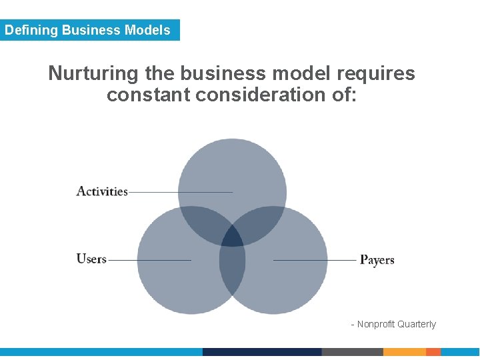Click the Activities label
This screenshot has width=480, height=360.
pyautogui.click(x=102, y=191)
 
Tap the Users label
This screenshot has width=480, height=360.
pyautogui.click(x=91, y=259)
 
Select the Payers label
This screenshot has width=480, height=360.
pyautogui.click(x=377, y=259)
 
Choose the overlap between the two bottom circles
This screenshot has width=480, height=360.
pyautogui.click(x=233, y=273)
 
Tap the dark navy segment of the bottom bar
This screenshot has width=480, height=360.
pyautogui.click(x=262, y=352)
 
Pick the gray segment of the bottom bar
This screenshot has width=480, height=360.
pyautogui.click(x=352, y=352)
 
